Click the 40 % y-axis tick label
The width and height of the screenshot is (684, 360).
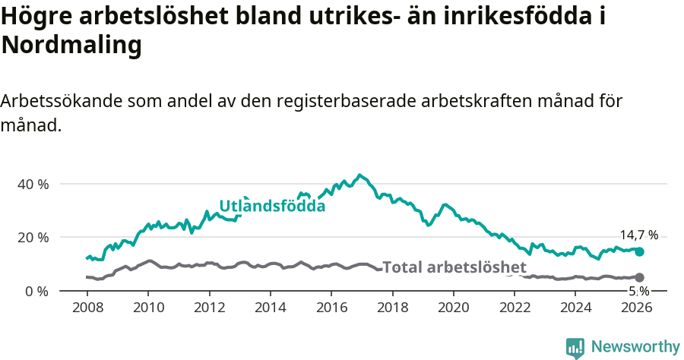click(33, 184)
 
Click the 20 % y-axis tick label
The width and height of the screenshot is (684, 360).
click(33, 237)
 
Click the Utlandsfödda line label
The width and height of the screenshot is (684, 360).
click(272, 206)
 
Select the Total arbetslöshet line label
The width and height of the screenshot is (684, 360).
click(454, 267)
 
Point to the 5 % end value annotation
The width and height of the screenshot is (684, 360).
click(638, 291)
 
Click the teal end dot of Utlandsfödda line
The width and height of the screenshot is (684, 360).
click(639, 251)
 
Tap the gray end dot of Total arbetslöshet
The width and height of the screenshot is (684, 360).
click(639, 278)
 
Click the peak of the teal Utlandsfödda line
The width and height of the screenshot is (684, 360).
click(360, 175)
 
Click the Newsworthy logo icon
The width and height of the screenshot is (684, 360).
click(575, 348)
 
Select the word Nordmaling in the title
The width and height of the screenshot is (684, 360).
click(71, 46)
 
